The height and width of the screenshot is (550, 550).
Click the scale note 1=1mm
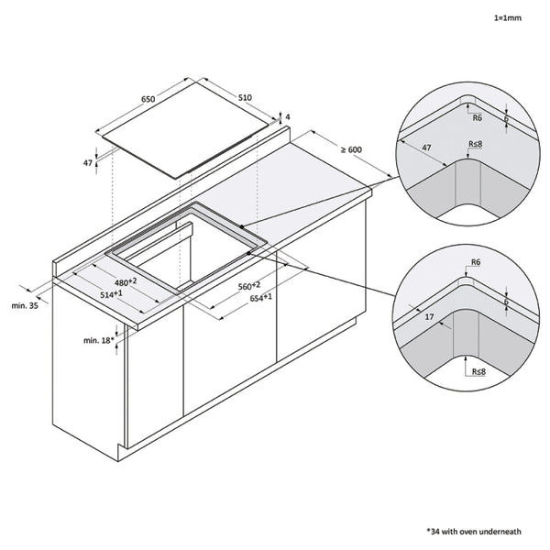[x=507, y=18]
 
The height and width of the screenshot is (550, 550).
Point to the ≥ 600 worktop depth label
[x=352, y=149]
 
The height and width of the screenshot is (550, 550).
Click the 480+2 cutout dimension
[x=125, y=280]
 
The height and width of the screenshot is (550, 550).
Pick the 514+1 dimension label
[x=112, y=294]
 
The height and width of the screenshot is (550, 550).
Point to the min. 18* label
[x=97, y=340]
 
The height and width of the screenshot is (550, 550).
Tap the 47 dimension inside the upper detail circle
[x=427, y=146]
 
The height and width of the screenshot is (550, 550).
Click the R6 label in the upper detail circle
[x=477, y=117]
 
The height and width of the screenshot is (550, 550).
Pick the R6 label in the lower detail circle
[x=475, y=263]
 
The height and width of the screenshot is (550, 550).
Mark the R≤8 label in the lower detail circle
[x=477, y=373]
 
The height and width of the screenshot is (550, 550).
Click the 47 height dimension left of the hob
[x=88, y=162]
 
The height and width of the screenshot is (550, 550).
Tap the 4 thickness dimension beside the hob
[x=287, y=117]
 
